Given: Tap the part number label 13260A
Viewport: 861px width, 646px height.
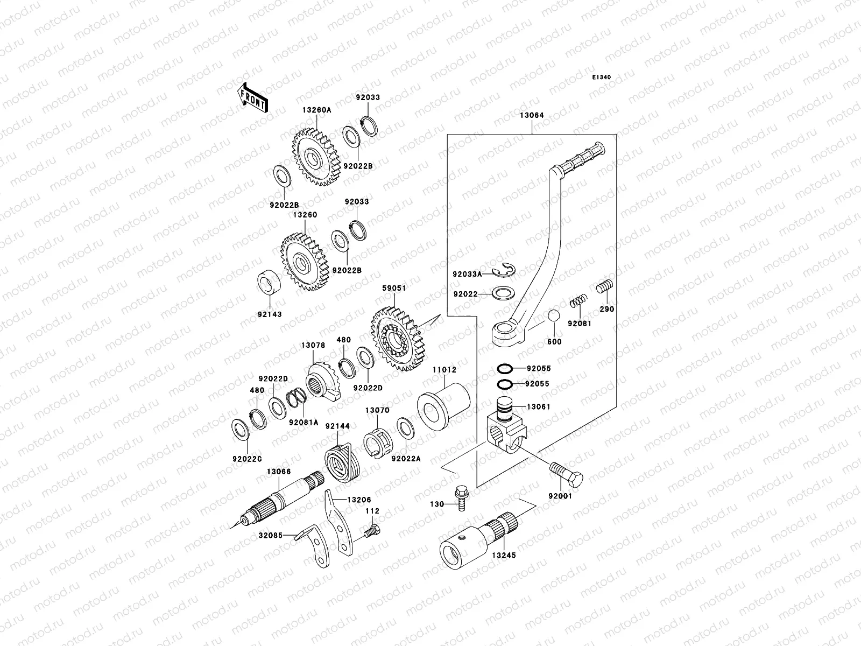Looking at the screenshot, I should (316, 109).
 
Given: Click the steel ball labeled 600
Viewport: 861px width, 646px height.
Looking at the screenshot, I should (555, 317).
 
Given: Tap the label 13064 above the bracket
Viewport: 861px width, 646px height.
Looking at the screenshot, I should (532, 115).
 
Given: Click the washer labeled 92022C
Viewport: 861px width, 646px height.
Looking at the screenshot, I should (239, 429).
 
